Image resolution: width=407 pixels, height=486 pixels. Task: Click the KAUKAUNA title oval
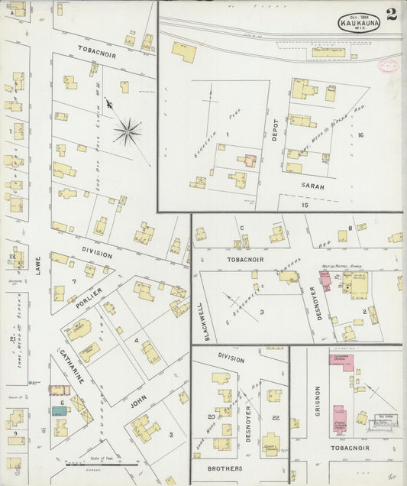[x=358, y=23]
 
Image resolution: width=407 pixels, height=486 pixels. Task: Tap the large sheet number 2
[x=391, y=15]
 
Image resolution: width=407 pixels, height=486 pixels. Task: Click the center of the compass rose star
[x=127, y=131]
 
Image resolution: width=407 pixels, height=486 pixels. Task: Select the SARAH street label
[x=312, y=186]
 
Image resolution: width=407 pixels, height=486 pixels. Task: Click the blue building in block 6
[x=59, y=410]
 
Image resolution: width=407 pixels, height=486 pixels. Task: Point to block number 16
[x=360, y=135]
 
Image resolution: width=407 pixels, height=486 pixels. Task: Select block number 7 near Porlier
[x=73, y=282]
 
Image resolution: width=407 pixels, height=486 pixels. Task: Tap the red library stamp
[x=388, y=66]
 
